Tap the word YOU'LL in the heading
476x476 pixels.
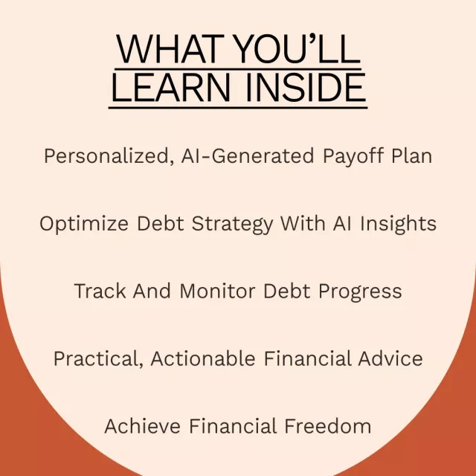(x=297, y=49)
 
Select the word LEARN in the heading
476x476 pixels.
(x=170, y=88)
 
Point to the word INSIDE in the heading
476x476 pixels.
(x=306, y=88)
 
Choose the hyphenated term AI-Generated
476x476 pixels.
(x=248, y=155)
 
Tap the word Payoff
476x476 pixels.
(x=353, y=157)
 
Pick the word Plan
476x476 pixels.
(x=411, y=155)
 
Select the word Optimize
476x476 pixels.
(x=84, y=224)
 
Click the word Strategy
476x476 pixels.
(x=233, y=225)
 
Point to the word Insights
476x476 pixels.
(x=399, y=225)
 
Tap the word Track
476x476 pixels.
(x=100, y=291)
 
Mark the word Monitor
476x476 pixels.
(x=217, y=291)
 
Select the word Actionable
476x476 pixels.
(x=203, y=358)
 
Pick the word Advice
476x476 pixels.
(x=390, y=358)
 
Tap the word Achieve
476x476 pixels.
(x=143, y=425)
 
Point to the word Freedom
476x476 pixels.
(x=328, y=425)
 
